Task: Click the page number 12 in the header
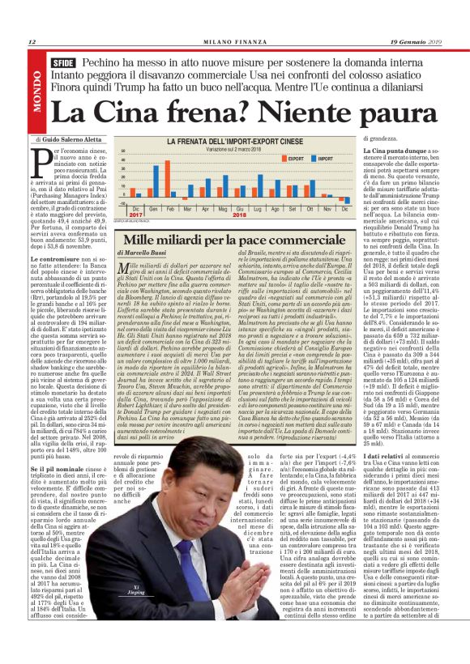tap(32, 43)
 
